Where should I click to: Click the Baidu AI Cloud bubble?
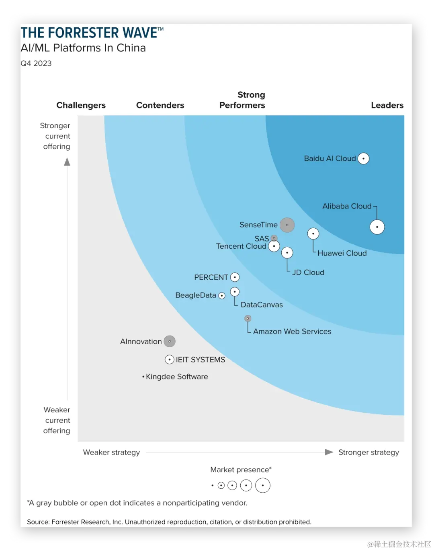click(363, 159)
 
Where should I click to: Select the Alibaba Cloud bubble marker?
click(377, 227)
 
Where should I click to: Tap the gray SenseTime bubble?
click(287, 225)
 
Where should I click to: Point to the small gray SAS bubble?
click(274, 238)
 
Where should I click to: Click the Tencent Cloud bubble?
click(274, 246)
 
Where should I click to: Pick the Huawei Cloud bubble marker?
click(313, 234)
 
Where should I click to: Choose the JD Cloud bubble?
click(287, 253)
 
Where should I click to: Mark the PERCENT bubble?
click(235, 277)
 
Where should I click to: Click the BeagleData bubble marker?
click(222, 296)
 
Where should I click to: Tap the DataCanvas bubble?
click(235, 292)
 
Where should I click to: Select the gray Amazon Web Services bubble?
click(248, 319)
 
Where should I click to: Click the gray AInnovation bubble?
click(170, 342)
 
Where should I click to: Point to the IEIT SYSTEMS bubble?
click(170, 360)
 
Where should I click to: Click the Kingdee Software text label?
click(177, 377)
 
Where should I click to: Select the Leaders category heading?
click(387, 105)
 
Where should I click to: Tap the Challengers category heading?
click(81, 105)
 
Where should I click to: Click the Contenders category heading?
click(160, 105)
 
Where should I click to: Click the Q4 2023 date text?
click(36, 63)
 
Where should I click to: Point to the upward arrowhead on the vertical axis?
click(67, 162)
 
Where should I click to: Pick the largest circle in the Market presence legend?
click(263, 485)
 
